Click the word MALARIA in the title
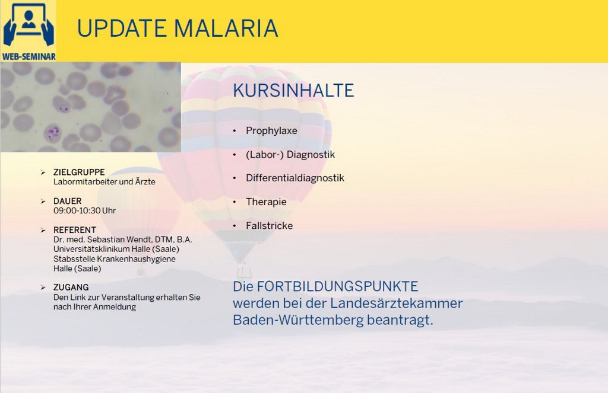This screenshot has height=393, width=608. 226,28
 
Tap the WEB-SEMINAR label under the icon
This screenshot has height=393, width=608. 28,56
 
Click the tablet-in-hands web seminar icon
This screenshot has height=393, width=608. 28,25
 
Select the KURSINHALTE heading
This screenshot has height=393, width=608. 293,91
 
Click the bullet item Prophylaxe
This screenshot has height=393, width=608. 271,131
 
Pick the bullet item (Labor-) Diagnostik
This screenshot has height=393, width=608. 290,155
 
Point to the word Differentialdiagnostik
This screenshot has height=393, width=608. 295,178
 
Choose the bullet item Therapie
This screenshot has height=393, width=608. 266,202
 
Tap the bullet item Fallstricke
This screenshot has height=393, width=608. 269,226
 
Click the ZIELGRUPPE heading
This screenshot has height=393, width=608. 79,172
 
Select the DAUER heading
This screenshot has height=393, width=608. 68,202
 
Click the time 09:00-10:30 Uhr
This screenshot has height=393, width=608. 84,210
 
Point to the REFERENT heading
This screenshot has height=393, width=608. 75,230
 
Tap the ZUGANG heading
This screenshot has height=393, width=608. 71,287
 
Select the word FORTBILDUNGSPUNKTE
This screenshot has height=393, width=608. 337,286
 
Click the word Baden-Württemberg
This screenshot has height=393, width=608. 298,320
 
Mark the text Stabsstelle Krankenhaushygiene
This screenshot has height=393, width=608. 115,259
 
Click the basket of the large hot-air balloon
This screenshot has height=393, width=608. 244,271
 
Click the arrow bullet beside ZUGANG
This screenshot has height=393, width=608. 43,287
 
